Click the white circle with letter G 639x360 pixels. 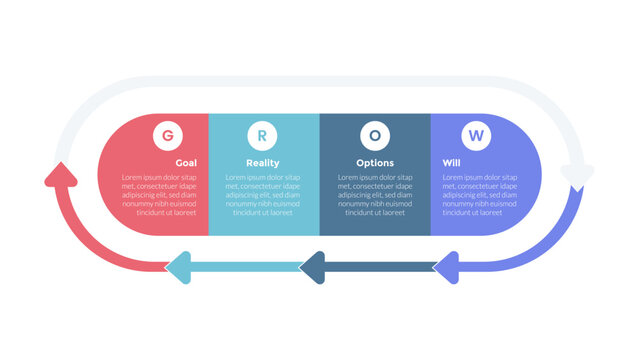[x=166, y=134]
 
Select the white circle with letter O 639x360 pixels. [x=374, y=134]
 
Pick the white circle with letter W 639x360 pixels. [x=474, y=134]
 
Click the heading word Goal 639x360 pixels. [x=186, y=163]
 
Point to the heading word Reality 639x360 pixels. [x=263, y=163]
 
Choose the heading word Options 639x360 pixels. [x=375, y=163]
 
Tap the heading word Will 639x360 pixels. [x=451, y=163]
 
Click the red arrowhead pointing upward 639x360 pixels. [x=61, y=178]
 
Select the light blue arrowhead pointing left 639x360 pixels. [x=177, y=266]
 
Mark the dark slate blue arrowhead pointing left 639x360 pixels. [x=312, y=266]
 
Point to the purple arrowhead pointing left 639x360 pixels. [x=445, y=266]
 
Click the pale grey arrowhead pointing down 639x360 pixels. [x=577, y=177]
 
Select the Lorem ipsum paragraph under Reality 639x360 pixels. [x=263, y=195]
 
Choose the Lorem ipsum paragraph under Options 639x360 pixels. [x=375, y=195]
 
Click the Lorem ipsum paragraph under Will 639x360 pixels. [x=481, y=195]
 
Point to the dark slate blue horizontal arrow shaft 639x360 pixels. [x=380, y=266]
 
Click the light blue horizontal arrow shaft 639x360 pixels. [x=245, y=266]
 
